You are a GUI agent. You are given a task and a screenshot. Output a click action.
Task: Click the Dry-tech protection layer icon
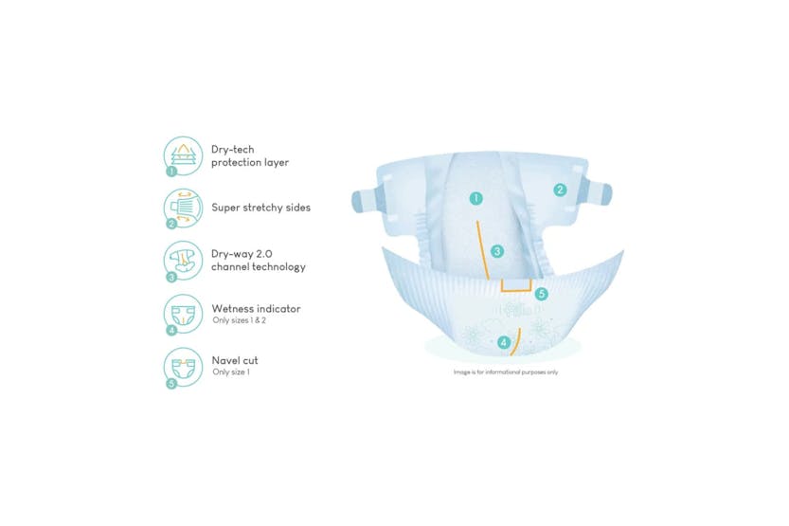(184, 155)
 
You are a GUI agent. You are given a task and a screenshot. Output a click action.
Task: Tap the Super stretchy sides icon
(184, 208)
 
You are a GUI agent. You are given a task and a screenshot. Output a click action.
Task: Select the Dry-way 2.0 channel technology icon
(184, 260)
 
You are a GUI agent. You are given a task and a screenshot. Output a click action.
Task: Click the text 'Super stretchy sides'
(260, 208)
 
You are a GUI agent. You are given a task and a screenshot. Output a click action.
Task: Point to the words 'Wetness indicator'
(256, 308)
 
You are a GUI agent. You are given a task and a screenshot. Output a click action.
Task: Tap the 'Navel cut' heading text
(235, 360)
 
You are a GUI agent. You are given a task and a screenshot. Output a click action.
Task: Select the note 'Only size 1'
(230, 372)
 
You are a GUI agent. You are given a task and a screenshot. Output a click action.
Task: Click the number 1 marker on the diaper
(476, 199)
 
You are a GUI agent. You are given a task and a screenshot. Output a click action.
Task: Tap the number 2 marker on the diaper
(560, 190)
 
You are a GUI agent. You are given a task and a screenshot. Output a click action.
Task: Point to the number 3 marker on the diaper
(496, 251)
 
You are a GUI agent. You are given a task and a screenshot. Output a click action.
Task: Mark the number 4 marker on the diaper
(503, 342)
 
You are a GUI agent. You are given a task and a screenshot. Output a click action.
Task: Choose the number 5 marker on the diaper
(541, 295)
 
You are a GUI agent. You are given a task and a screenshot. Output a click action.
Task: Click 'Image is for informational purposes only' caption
(507, 372)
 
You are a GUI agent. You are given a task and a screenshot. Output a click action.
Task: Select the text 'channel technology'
(258, 267)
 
